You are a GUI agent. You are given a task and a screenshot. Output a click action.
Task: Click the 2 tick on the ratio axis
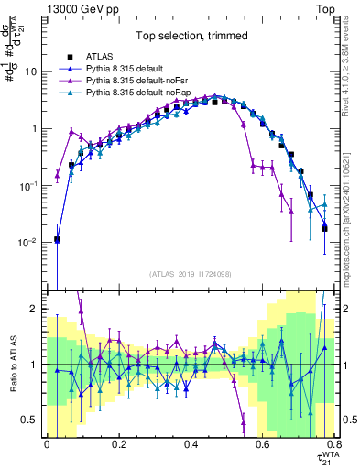tap(37, 310)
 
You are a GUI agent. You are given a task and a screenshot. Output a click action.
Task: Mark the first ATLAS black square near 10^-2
tap(57, 240)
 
